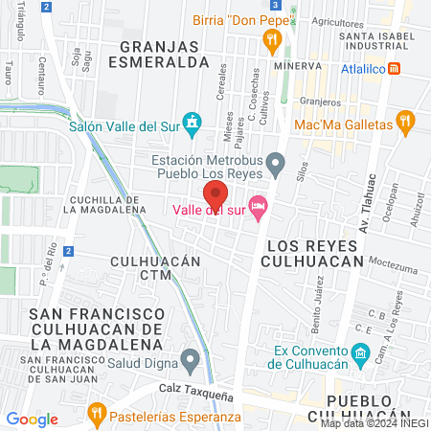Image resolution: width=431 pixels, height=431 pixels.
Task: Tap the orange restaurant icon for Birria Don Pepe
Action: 272,39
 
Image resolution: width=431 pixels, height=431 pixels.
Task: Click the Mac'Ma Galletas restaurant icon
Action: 406,122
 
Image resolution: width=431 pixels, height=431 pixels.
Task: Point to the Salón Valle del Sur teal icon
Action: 194,122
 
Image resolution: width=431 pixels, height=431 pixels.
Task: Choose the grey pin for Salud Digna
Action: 191,361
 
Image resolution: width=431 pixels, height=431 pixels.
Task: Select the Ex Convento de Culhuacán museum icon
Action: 360,355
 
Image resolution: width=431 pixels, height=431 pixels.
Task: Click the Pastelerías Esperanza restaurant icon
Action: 96,414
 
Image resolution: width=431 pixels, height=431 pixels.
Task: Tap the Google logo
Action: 32,419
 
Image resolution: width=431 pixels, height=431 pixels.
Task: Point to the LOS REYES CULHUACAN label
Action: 311,252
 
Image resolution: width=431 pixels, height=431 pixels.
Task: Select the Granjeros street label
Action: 319,102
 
